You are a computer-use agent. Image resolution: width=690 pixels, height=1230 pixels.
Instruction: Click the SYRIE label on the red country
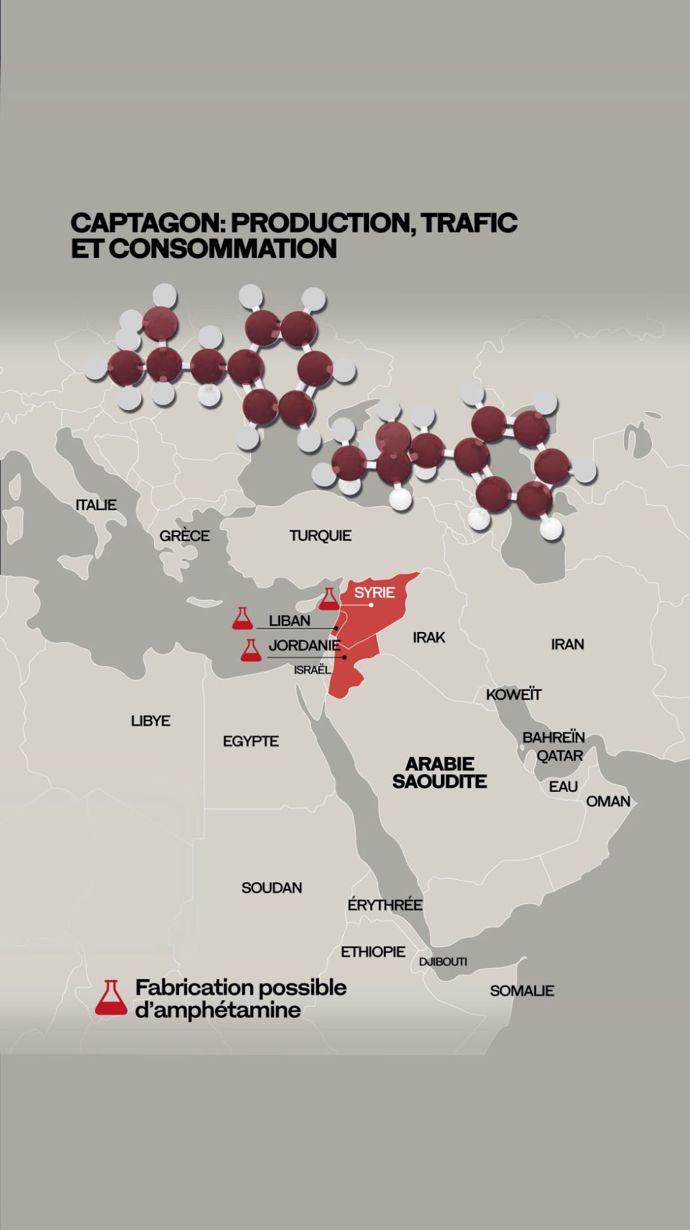coord(374,593)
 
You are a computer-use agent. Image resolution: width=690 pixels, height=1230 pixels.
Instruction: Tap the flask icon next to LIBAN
coord(242,619)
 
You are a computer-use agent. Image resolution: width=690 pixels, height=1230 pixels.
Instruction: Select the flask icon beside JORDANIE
coord(250,650)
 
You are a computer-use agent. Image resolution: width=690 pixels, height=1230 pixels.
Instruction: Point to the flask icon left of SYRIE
coord(328,599)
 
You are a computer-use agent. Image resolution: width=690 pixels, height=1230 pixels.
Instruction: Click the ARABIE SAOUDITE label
coord(439,772)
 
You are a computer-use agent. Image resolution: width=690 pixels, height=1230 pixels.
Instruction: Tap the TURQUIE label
coord(320,536)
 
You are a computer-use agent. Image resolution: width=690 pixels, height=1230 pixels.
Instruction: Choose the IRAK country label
coord(429,637)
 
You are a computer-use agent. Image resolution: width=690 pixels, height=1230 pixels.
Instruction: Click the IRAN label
coord(567,644)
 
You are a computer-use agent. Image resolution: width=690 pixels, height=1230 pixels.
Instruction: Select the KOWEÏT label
coord(514,694)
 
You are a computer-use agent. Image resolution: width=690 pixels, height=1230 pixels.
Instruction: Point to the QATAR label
coord(560,756)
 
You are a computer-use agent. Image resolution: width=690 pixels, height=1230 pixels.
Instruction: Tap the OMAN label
coord(607,801)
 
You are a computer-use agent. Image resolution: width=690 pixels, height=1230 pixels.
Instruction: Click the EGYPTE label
coord(250,741)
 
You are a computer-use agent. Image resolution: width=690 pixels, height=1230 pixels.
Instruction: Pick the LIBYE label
coord(151,721)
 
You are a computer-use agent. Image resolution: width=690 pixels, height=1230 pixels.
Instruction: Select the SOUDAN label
coord(271,888)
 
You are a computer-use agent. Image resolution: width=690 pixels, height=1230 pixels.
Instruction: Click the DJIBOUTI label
coord(443,962)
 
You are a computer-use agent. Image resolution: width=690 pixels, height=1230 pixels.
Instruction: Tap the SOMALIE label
coord(522,991)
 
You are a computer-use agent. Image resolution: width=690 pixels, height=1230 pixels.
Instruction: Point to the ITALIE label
coord(96,505)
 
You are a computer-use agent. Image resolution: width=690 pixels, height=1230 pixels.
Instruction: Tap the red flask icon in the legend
coord(111,998)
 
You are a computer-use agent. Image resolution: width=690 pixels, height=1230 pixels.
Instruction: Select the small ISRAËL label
coord(312,670)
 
